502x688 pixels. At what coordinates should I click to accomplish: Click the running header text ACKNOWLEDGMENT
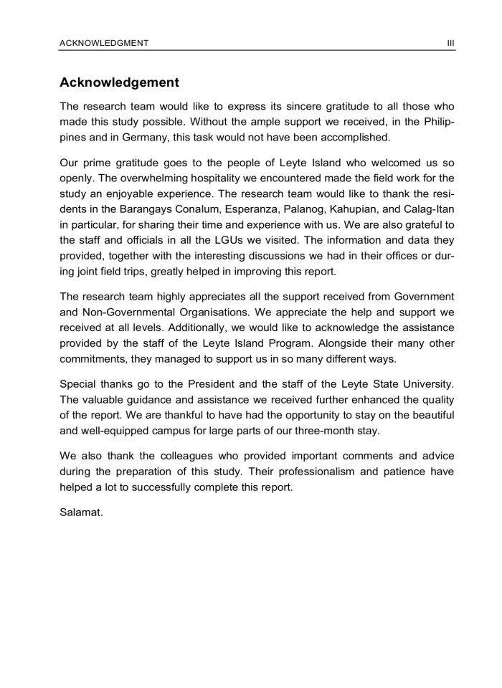click(105, 43)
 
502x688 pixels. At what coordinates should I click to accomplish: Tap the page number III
click(450, 43)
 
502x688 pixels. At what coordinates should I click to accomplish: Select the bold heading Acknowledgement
click(120, 83)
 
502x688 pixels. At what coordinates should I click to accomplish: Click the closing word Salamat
click(82, 512)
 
